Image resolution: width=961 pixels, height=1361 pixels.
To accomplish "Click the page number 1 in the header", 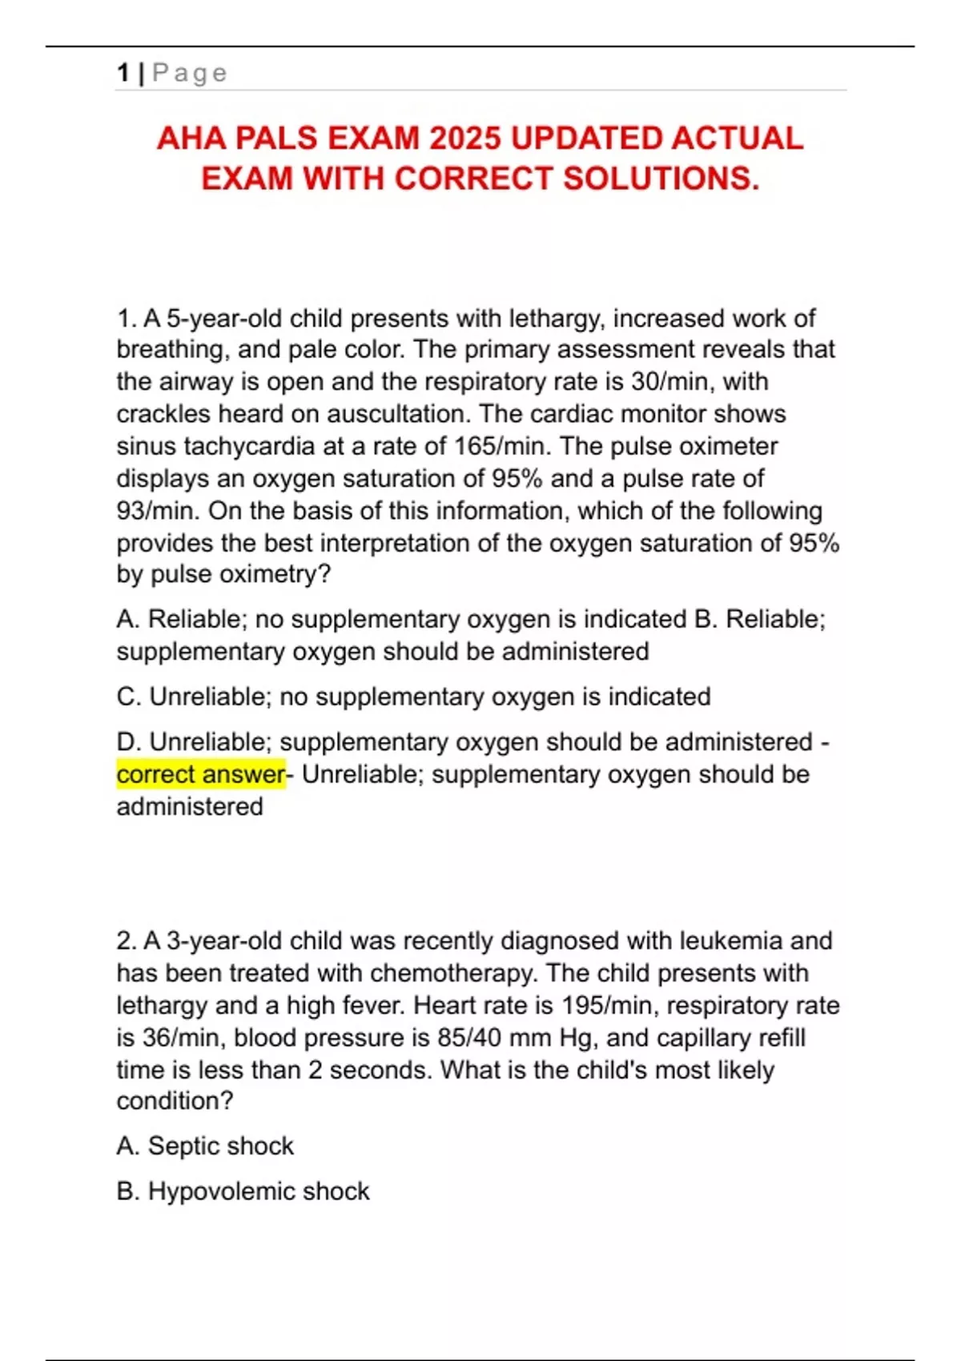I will coord(123,73).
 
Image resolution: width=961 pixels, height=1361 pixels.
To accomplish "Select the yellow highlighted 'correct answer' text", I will coord(200,774).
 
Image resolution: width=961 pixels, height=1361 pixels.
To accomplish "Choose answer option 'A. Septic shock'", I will coord(205,1146).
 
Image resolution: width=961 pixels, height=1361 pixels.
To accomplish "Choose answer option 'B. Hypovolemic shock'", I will coord(243,1191).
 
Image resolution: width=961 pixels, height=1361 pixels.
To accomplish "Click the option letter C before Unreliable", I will coord(127,697).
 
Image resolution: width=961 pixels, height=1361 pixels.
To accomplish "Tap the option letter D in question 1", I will coord(127,742).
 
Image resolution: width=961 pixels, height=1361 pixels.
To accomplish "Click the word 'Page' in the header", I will coord(190,73).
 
